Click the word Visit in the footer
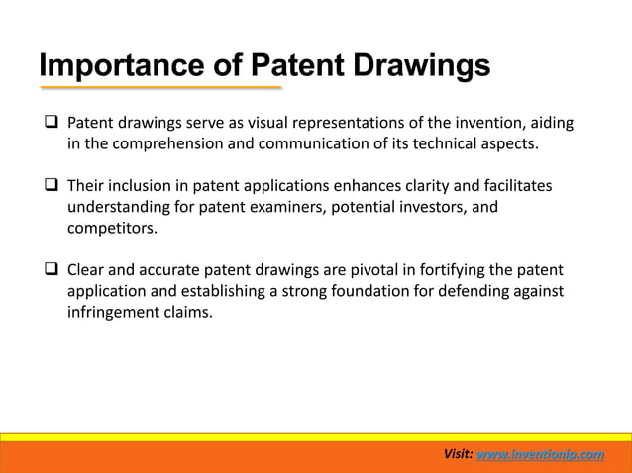[457, 454]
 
